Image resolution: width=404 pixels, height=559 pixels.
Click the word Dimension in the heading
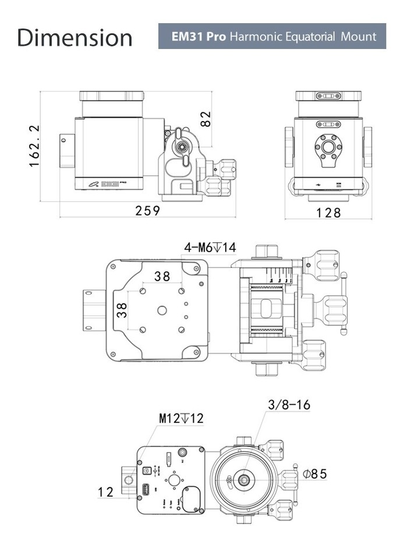[x=75, y=37]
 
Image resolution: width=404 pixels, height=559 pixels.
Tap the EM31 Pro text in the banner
[x=199, y=37]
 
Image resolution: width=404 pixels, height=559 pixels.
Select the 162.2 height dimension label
[x=34, y=146]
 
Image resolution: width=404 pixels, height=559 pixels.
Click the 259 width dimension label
[x=148, y=211]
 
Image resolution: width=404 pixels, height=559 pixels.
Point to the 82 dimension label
[x=205, y=118]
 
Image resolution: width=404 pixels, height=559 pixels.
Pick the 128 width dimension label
[x=329, y=213]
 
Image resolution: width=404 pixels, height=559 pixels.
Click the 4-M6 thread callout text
[x=210, y=247]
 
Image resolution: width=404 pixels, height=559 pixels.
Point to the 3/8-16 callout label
[x=289, y=405]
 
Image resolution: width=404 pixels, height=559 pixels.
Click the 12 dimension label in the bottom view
[x=106, y=492]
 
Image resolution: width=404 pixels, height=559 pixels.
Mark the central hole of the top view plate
[x=162, y=310]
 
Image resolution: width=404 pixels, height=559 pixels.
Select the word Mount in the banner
[x=359, y=37]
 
